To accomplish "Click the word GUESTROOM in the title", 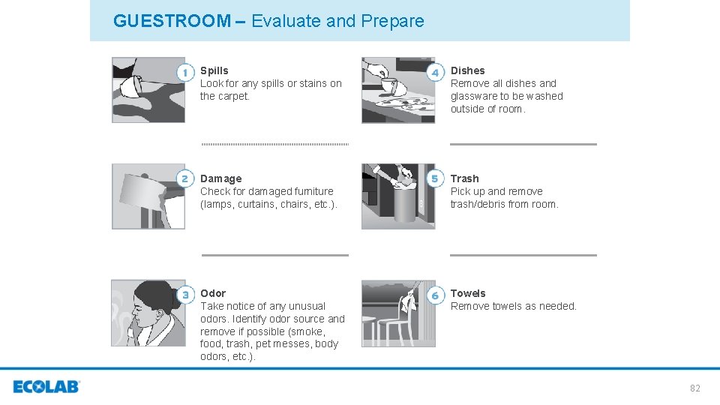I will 172,21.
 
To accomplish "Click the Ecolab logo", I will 46,387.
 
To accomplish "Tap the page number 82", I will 694,388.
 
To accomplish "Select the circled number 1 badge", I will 185,73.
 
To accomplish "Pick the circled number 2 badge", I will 185,178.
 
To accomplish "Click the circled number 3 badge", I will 185,295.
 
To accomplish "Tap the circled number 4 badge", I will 435,73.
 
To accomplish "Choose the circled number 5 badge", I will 435,178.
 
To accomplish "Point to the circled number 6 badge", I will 435,295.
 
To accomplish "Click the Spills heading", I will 214,70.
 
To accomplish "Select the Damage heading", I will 220,178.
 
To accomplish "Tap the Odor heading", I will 213,293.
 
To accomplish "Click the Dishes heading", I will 467,70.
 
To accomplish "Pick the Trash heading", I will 464,178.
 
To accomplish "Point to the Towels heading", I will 468,293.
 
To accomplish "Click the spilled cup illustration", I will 148,90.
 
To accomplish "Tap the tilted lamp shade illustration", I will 148,196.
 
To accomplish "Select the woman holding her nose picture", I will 148,313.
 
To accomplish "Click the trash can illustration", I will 398,196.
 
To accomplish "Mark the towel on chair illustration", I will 398,313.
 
